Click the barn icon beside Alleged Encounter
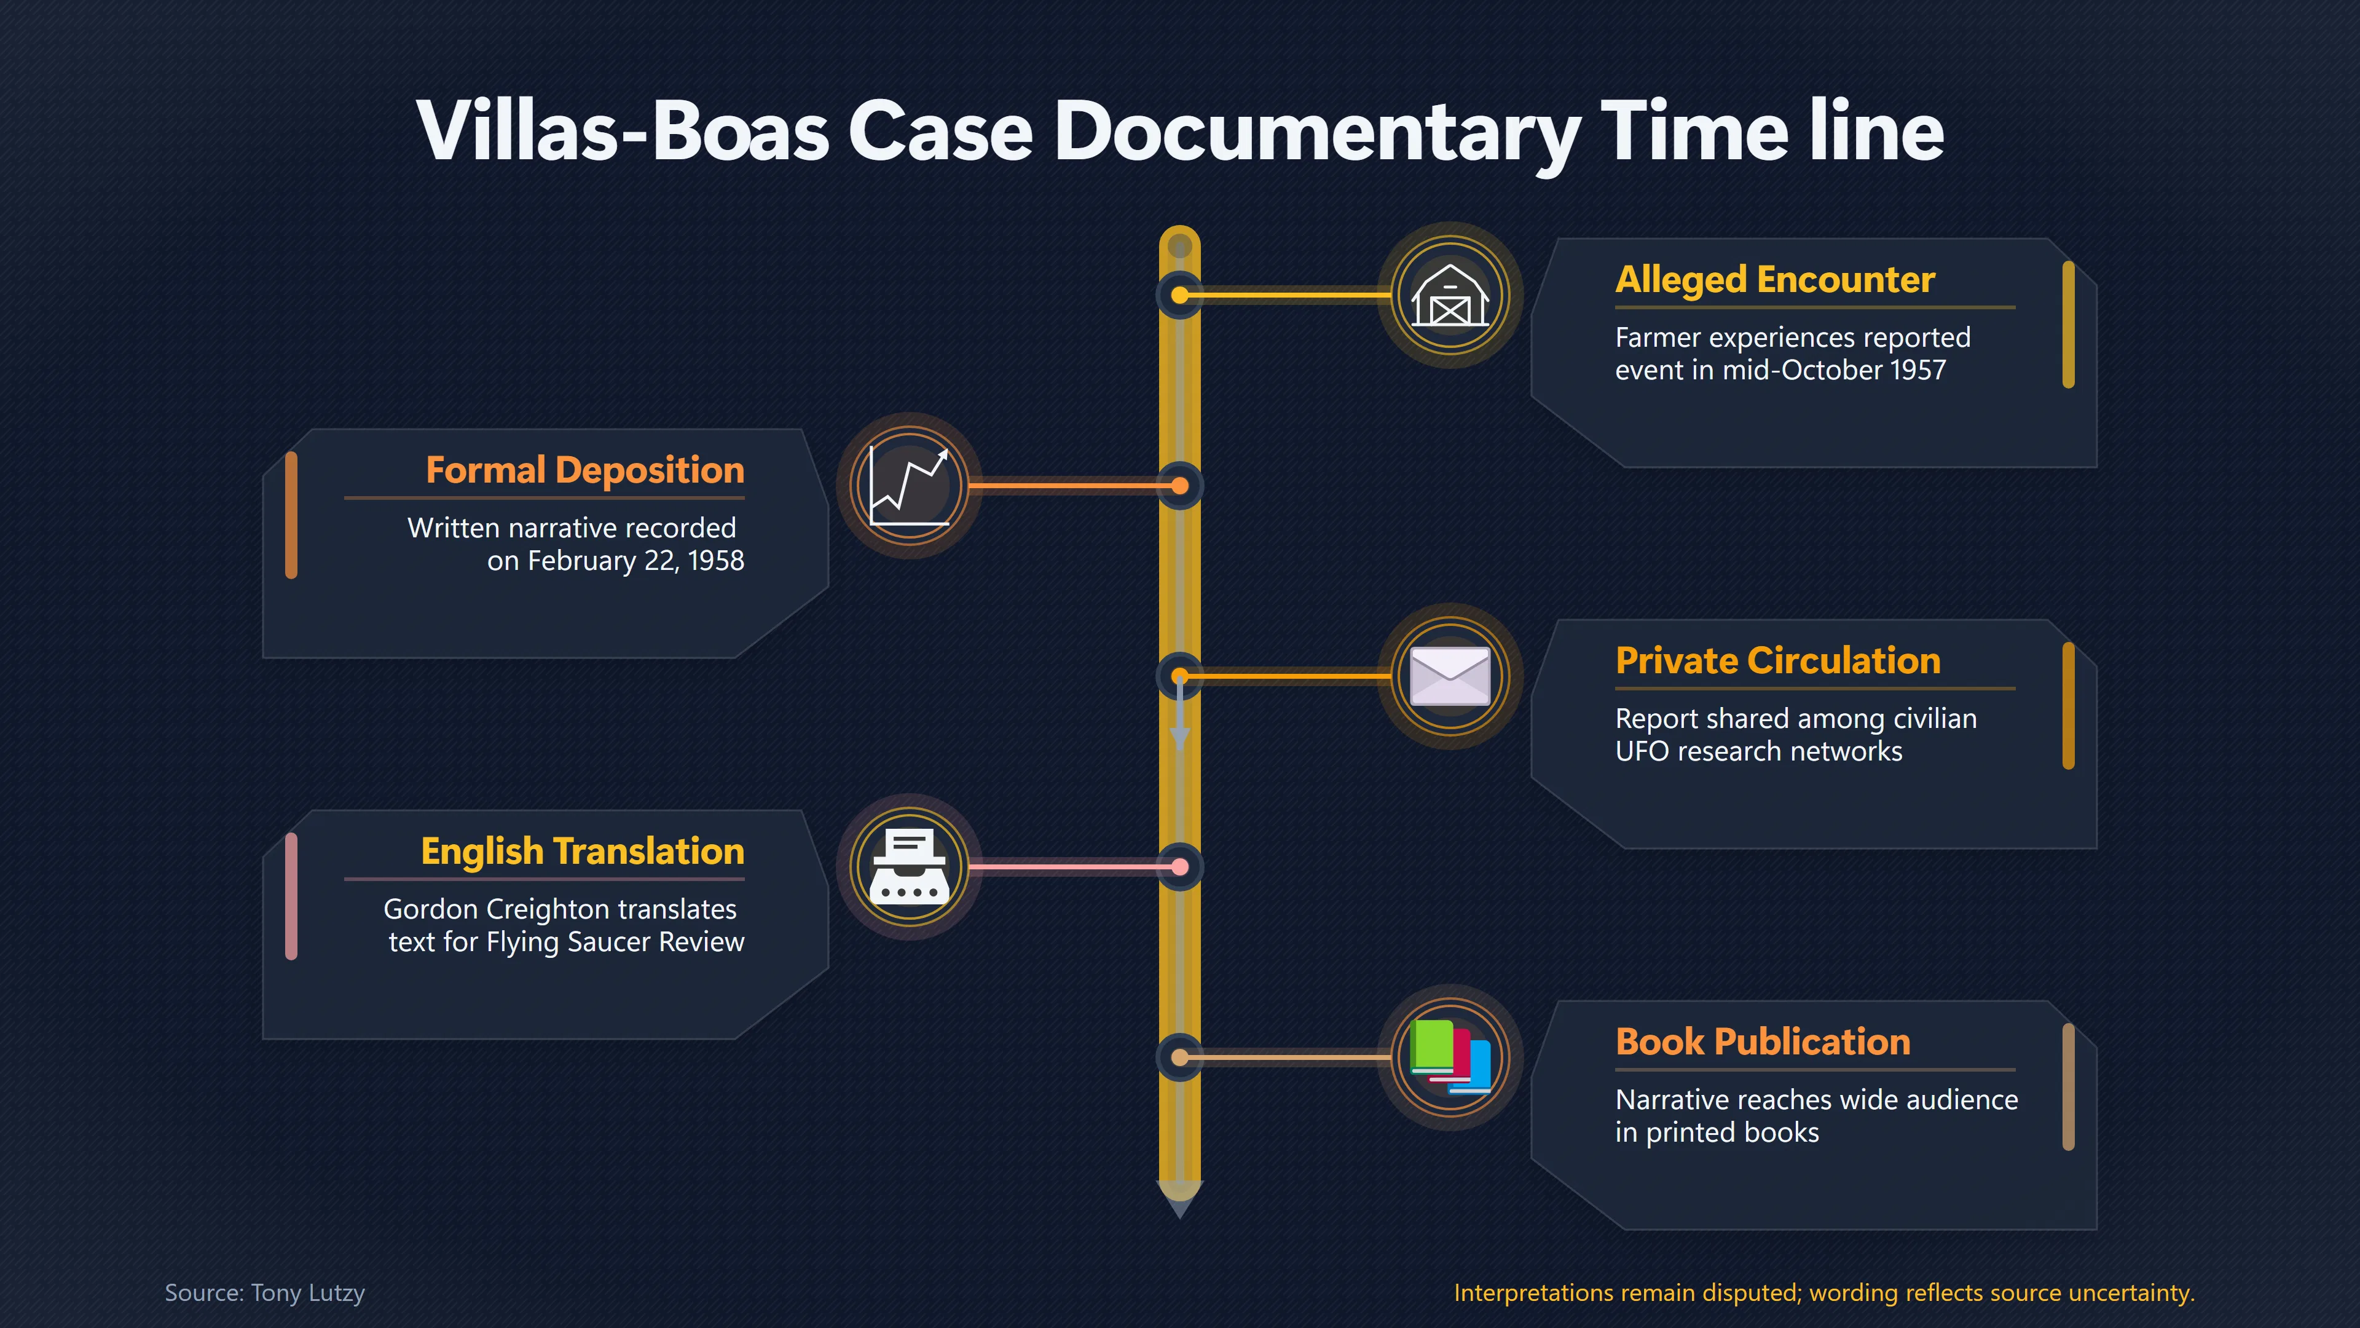point(1450,295)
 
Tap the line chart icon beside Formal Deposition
point(909,486)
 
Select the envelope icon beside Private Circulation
point(1450,676)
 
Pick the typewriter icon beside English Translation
point(909,867)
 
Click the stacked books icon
point(1450,1057)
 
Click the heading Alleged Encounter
point(1774,280)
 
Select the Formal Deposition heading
point(584,470)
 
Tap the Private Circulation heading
point(1777,661)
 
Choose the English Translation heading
point(583,852)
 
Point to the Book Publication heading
point(1763,1042)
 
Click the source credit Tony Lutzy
point(308,1293)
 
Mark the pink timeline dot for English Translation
point(1180,867)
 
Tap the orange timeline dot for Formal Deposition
point(1180,486)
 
